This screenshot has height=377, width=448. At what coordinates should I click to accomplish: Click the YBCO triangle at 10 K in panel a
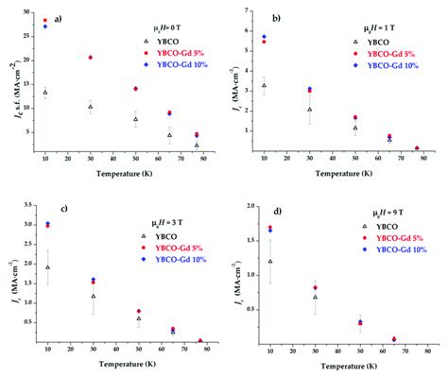45,92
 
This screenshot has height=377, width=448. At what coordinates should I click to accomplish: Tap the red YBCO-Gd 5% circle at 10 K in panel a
45,20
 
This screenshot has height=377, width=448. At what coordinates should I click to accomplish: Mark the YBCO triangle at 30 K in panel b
310,110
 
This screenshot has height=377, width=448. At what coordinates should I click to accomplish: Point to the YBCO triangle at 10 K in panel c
46,267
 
